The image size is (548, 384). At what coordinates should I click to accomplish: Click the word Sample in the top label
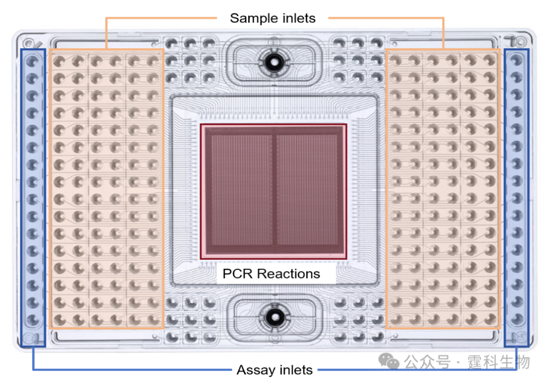(x=251, y=19)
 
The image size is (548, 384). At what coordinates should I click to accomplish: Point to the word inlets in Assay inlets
(x=295, y=370)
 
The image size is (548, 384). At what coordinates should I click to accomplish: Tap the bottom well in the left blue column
(x=33, y=320)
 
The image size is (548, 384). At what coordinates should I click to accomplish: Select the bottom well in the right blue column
(x=516, y=320)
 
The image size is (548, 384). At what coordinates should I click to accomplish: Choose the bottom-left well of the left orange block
(x=59, y=320)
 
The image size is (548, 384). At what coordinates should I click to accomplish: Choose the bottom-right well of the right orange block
(x=489, y=320)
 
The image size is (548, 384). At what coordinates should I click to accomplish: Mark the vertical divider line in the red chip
(x=275, y=190)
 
